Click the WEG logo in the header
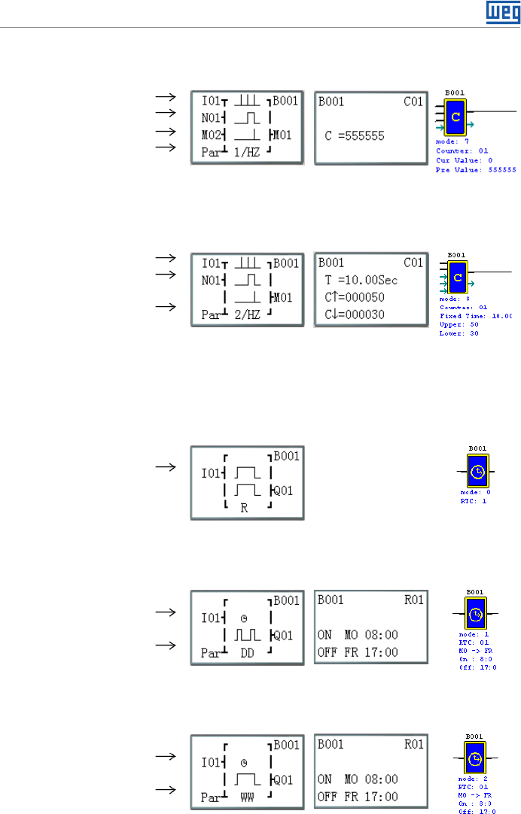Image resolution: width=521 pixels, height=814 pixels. [500, 11]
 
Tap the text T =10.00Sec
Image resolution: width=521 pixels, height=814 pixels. [361, 281]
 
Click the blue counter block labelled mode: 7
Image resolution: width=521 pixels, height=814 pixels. [455, 117]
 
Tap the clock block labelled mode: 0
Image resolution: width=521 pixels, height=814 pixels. [477, 471]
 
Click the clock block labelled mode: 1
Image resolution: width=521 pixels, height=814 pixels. [475, 615]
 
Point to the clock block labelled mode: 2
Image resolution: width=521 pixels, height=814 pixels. [475, 758]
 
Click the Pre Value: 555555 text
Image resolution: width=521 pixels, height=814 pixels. [476, 171]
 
